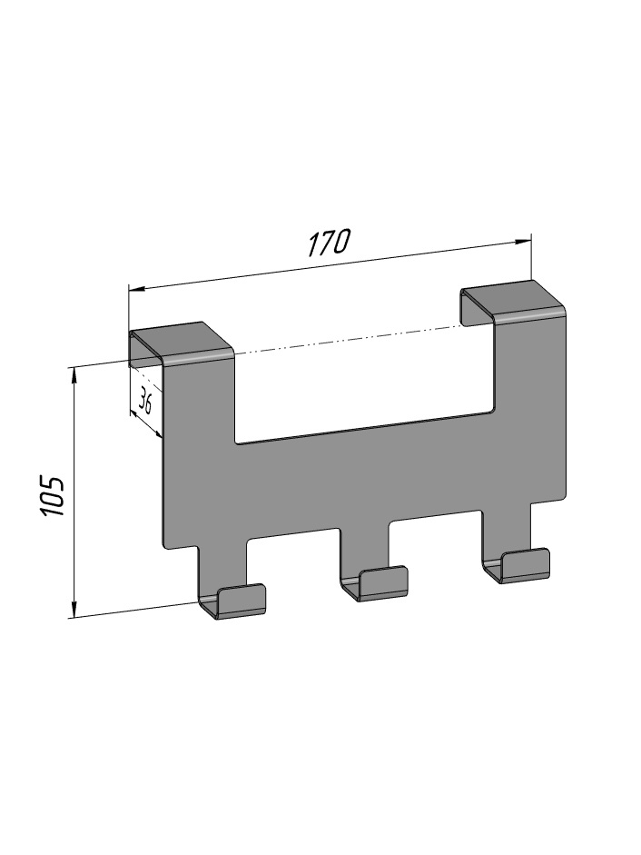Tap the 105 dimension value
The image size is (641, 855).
coord(53,496)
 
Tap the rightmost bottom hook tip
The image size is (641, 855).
coord(526,562)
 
